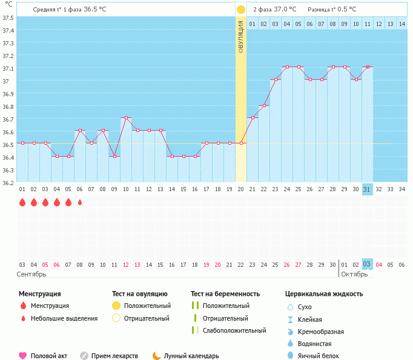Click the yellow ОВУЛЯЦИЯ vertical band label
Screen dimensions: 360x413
click(240, 37)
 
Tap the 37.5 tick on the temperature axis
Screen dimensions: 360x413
click(7, 17)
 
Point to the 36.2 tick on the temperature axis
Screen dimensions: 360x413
click(7, 182)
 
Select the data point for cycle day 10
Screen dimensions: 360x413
click(126, 118)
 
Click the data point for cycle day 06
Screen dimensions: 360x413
click(80, 131)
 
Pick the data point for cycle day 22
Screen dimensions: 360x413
click(264, 105)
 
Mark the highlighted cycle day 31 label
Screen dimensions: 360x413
click(367, 189)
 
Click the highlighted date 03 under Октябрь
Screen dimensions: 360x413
click(367, 264)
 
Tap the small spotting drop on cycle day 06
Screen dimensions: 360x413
click(80, 202)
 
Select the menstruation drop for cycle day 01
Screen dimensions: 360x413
click(22, 202)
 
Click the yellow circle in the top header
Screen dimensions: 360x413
click(241, 10)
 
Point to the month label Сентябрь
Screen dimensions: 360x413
click(31, 274)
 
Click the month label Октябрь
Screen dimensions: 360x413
click(354, 274)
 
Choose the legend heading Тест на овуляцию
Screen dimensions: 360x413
click(141, 294)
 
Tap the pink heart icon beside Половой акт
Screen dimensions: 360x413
click(22, 356)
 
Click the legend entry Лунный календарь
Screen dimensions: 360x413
click(191, 356)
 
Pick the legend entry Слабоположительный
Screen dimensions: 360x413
click(234, 330)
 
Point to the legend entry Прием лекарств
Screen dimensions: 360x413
click(114, 356)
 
